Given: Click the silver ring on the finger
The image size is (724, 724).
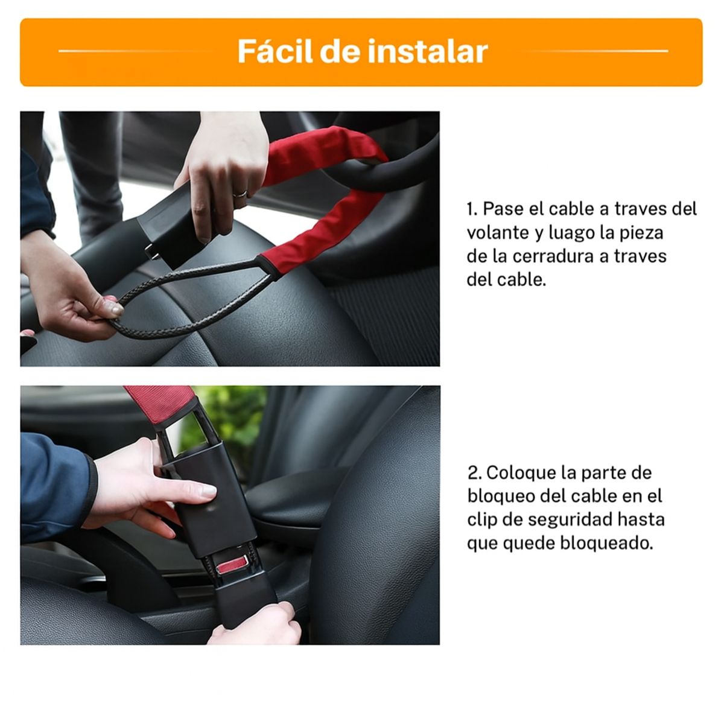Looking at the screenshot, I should [240, 193].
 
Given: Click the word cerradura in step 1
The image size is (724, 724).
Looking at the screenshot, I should [553, 256].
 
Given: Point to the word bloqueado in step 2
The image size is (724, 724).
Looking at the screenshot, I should [605, 543].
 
